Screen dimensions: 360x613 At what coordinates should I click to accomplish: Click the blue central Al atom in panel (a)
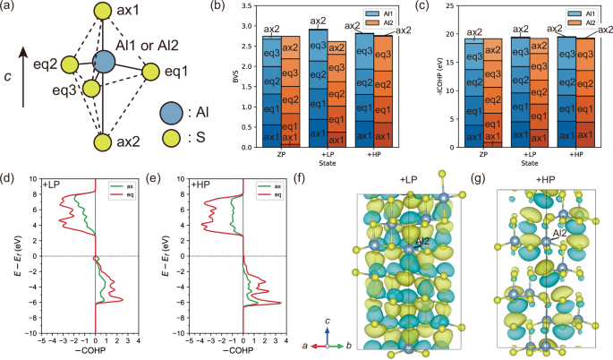(103, 62)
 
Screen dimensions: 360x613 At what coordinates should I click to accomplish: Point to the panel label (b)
(198, 7)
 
